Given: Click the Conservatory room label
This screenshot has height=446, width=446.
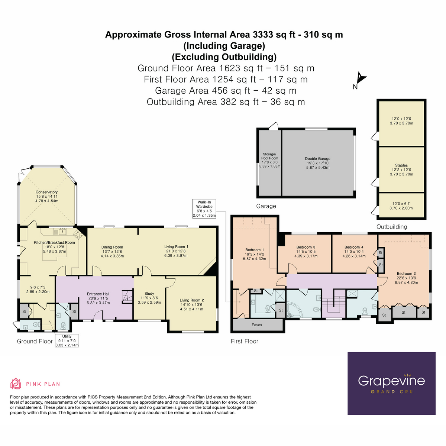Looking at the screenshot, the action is tap(46, 192).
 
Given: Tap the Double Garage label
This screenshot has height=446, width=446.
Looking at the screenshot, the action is tap(317, 159).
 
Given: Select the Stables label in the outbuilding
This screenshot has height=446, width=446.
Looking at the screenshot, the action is tap(401, 165).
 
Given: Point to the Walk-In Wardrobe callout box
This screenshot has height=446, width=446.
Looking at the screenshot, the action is tap(204, 209).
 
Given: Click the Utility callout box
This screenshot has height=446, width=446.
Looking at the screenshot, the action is tap(67, 341).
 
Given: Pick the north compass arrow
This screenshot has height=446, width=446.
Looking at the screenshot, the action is tap(361, 78).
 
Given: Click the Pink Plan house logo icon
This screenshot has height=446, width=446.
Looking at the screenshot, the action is tap(16, 384).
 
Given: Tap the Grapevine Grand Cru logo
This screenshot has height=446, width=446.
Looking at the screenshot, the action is tap(391, 384).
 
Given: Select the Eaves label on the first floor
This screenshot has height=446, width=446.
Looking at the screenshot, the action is tap(257, 325).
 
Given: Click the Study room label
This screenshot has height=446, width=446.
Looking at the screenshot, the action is tap(149, 294).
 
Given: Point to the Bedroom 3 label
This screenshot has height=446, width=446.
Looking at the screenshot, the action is tap(306, 247).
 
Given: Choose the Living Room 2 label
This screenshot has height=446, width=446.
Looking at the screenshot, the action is tap(192, 300).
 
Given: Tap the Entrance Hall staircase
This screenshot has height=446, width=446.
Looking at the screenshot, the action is tap(127, 297).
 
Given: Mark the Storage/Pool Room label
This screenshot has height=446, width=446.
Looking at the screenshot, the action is tap(269, 156).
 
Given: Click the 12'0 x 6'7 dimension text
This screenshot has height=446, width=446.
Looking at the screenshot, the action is tap(401, 204).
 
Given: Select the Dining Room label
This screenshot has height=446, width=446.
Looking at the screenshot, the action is tap(112, 247).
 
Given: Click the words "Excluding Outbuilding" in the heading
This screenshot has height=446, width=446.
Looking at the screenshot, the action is tap(224, 57).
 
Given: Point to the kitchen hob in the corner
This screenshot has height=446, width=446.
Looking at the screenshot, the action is tap(78, 235).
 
